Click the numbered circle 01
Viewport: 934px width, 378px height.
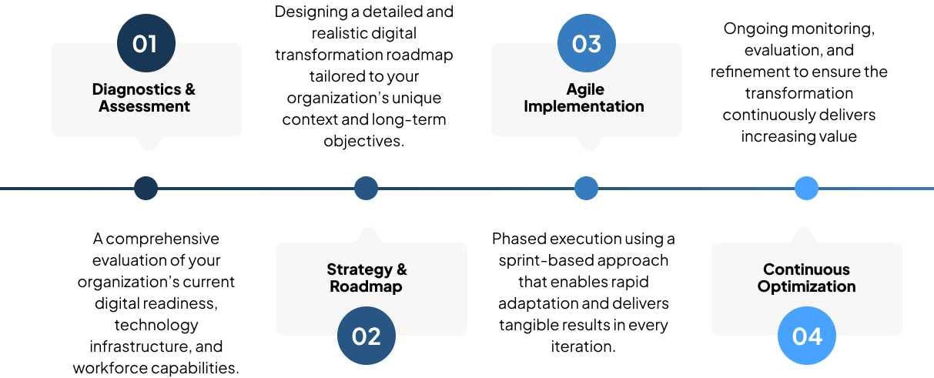(146, 43)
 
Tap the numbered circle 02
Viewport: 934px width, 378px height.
(367, 336)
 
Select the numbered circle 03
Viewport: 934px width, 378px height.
(586, 43)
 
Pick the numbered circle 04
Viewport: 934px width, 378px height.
(806, 336)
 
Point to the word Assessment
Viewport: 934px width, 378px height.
(144, 106)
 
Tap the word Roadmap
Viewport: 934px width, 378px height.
(366, 286)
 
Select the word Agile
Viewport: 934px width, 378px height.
(585, 89)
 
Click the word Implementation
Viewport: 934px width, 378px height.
(584, 106)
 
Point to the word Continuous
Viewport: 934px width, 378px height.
(806, 269)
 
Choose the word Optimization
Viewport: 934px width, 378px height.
(806, 286)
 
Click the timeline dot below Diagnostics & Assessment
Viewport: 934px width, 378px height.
(146, 188)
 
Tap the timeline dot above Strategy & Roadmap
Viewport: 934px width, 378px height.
(366, 188)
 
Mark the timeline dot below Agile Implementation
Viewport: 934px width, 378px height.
(586, 188)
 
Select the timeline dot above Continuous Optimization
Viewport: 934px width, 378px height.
(806, 188)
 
